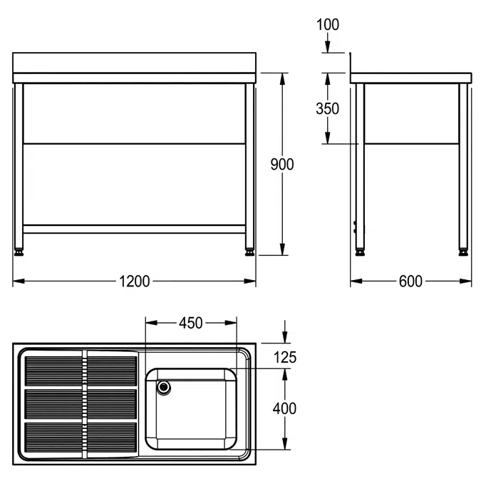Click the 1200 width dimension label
click(x=135, y=281)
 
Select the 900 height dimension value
click(x=282, y=165)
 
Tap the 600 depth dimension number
click(x=410, y=281)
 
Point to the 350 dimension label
click(x=327, y=108)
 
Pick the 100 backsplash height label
click(x=328, y=24)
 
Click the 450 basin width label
click(x=191, y=323)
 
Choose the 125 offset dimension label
click(x=285, y=358)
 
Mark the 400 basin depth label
click(x=284, y=408)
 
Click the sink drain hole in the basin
click(x=164, y=388)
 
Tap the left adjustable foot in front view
click(x=19, y=252)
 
